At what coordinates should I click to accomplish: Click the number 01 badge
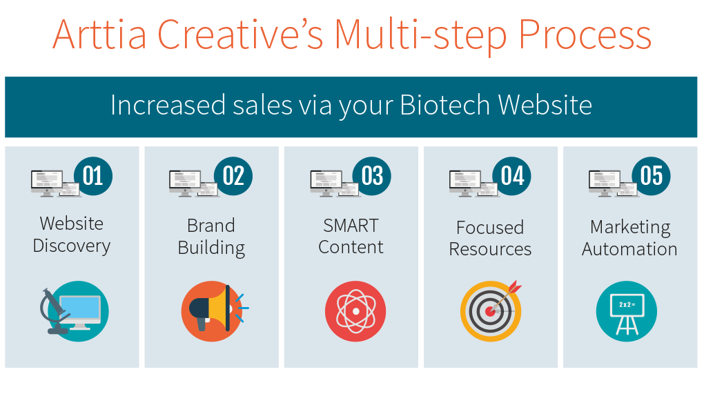tap(93, 176)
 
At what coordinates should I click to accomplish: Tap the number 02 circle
tap(233, 176)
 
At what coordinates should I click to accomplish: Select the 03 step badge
tap(372, 176)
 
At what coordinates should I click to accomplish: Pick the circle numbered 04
tap(512, 176)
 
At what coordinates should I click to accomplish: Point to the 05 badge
tap(651, 176)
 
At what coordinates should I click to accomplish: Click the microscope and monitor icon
tap(75, 311)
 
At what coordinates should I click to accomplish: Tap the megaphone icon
tap(214, 311)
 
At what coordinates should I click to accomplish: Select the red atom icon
tap(355, 311)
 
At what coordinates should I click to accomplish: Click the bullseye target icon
tap(491, 311)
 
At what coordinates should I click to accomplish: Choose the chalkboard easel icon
tap(626, 311)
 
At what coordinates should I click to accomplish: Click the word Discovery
tap(72, 246)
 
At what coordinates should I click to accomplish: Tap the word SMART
tap(351, 226)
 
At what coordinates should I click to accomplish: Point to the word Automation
tap(629, 249)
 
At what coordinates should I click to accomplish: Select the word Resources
tap(490, 249)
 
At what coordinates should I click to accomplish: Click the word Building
tap(211, 248)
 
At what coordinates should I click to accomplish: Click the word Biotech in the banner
tap(444, 105)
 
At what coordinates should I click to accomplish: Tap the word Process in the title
tap(585, 35)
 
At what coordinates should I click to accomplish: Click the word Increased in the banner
tap(168, 105)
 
